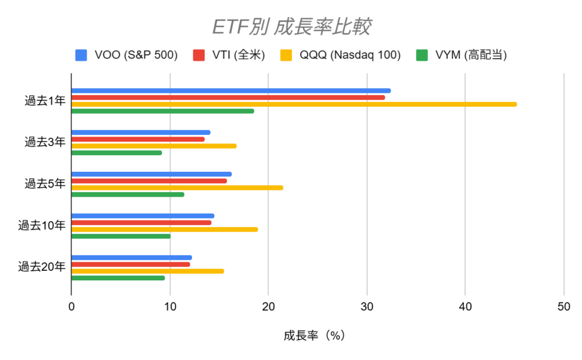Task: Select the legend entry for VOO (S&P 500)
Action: point(126,55)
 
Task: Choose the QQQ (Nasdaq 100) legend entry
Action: point(340,55)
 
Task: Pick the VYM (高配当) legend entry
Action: point(461,55)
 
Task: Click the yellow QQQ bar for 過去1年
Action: point(294,104)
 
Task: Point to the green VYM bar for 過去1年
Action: point(163,111)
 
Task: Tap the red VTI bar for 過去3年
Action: point(138,139)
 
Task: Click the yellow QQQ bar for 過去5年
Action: point(177,188)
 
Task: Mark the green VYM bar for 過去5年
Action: point(127,195)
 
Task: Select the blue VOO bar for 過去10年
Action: point(143,216)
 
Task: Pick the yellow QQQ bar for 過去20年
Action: point(147,271)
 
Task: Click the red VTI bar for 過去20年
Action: point(130,264)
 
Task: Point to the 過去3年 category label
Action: point(45,143)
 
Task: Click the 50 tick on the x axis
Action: point(563,307)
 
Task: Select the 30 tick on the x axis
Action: point(367,307)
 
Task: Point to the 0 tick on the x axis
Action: point(71,307)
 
